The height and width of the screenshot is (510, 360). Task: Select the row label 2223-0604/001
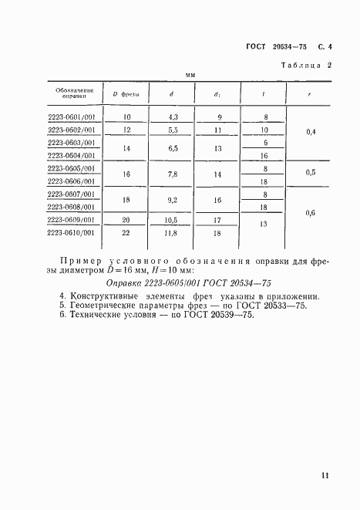tap(71, 155)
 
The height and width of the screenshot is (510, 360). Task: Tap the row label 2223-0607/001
tap(71, 194)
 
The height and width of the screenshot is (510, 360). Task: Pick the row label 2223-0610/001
tap(71, 232)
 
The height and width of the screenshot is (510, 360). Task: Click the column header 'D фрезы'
tap(126, 94)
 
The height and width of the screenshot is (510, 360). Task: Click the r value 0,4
tap(311, 132)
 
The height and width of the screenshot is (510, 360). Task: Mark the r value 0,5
tap(311, 173)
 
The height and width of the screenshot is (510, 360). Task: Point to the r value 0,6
tap(311, 212)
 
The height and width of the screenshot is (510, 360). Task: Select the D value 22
tap(126, 232)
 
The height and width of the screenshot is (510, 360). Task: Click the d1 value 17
tap(217, 219)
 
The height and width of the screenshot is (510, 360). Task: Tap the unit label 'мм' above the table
tap(190, 75)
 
